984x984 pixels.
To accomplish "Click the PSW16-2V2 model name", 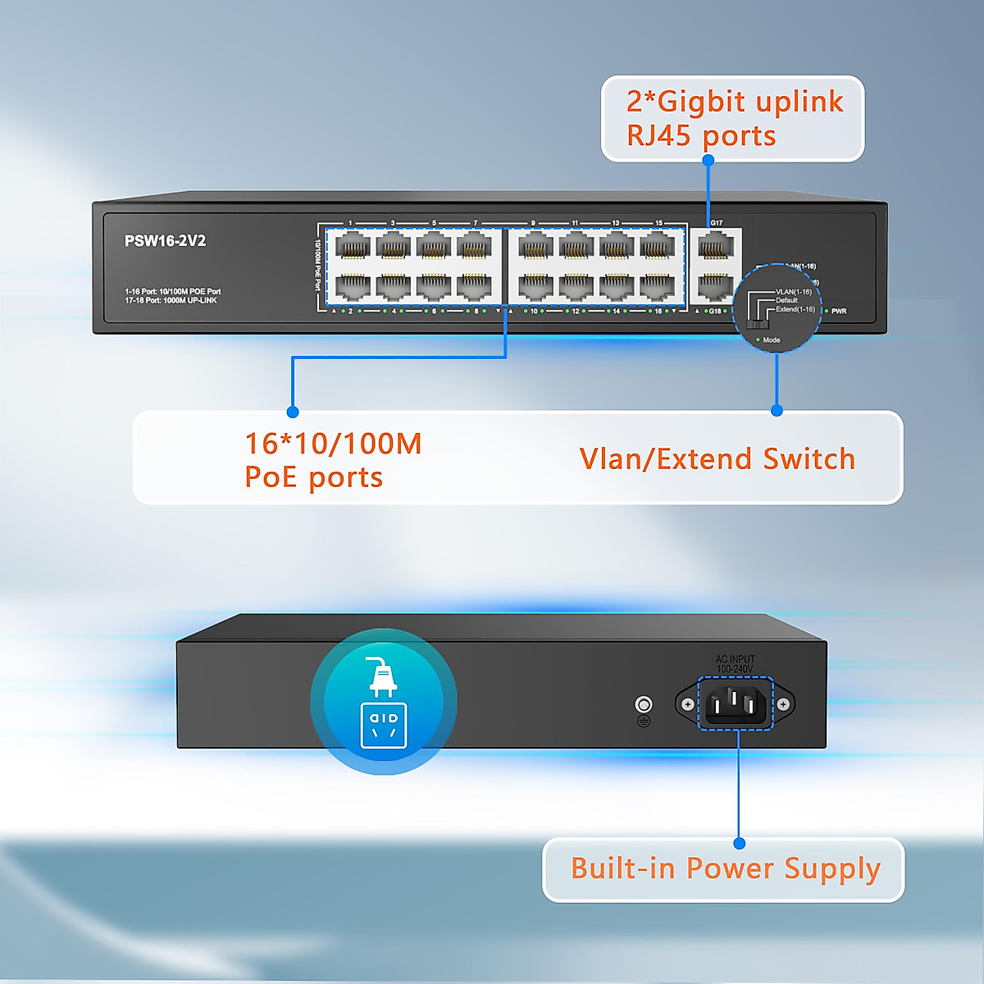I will tap(165, 241).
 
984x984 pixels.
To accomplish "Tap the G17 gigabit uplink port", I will tap(716, 246).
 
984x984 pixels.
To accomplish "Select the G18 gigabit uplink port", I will tap(716, 286).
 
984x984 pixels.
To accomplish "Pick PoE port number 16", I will tap(657, 286).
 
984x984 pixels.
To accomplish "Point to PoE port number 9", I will tap(535, 246).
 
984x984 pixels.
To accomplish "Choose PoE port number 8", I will tap(474, 286).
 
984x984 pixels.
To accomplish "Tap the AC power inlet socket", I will tap(736, 703).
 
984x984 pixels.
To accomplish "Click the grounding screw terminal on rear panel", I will tap(644, 704).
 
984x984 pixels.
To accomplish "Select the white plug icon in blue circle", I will tap(383, 676).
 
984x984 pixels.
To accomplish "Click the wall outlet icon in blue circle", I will tap(384, 725).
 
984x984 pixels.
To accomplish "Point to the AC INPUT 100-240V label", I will tap(735, 664).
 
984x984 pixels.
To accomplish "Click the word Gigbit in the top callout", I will tap(701, 102).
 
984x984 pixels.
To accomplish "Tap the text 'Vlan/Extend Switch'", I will tap(717, 459).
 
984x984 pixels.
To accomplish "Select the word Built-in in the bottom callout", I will tap(624, 868).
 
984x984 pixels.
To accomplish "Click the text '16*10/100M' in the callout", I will tap(333, 444).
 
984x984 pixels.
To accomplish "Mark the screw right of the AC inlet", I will tap(783, 704).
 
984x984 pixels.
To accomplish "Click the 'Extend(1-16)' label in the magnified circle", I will tap(795, 309).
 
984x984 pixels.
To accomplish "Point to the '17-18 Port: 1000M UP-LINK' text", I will tap(171, 301).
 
